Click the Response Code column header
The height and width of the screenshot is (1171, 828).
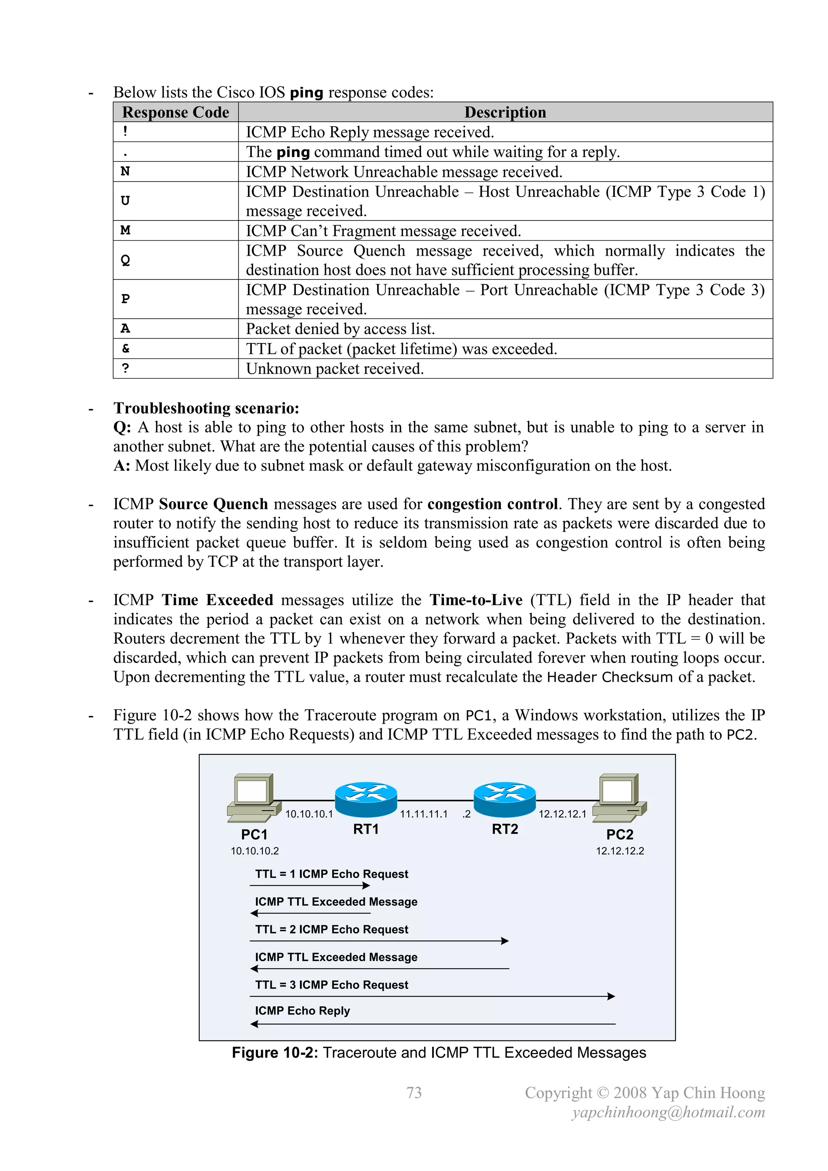click(x=175, y=112)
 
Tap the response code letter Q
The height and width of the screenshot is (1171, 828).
click(x=125, y=260)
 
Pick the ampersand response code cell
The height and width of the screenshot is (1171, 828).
click(x=125, y=348)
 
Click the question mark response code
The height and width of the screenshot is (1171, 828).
click(x=125, y=368)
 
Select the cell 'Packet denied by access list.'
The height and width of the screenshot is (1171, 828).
click(x=340, y=329)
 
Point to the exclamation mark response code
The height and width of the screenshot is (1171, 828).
click(x=125, y=131)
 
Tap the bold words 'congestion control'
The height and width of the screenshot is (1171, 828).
click(x=492, y=504)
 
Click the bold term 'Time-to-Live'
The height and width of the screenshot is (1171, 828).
click(x=476, y=600)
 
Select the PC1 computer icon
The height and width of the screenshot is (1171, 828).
click(x=254, y=798)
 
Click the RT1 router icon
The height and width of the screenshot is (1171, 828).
click(x=365, y=800)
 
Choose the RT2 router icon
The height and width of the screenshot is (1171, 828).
click(x=504, y=800)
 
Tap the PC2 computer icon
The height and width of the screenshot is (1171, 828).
click(x=619, y=798)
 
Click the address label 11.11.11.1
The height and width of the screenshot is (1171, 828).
click(x=423, y=814)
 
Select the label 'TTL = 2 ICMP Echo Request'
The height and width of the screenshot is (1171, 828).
click(x=332, y=929)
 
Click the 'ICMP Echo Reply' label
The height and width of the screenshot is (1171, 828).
click(x=302, y=1010)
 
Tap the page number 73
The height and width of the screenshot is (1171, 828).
click(x=414, y=1093)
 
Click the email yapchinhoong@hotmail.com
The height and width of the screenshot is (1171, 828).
click(x=668, y=1112)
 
